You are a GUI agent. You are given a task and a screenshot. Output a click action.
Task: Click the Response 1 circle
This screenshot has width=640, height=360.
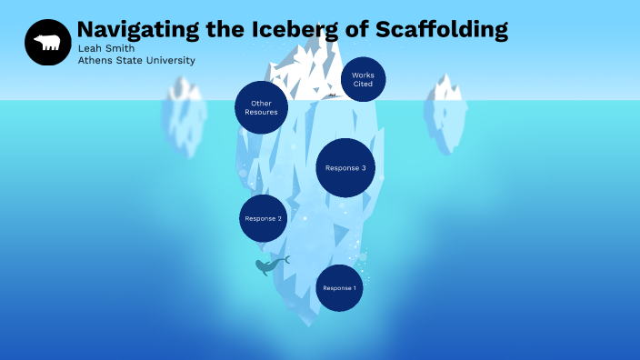(339, 287)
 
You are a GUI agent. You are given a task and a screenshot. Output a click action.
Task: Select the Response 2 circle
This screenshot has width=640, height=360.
(263, 218)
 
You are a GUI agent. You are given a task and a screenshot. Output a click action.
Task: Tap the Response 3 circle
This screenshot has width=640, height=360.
(345, 167)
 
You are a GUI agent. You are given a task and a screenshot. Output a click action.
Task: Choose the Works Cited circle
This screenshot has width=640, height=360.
(363, 79)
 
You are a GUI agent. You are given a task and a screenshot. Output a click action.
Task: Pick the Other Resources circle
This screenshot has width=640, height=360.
(262, 107)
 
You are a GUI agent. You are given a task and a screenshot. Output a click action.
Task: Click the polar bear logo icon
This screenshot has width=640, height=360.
(47, 42)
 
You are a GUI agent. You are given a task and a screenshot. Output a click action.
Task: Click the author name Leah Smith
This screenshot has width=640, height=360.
(105, 48)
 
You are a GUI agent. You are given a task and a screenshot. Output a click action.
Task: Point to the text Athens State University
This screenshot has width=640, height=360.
(135, 61)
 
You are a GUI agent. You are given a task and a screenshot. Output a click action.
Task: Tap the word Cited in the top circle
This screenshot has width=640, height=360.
(363, 85)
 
